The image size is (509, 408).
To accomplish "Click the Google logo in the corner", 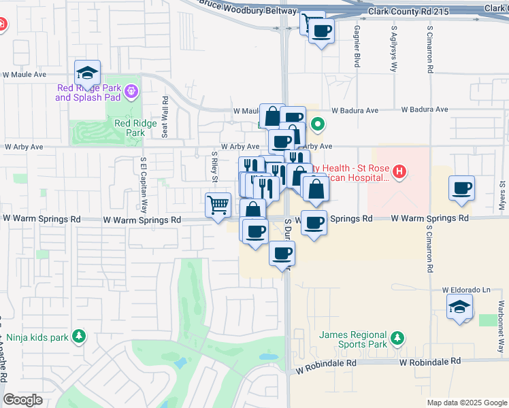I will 22,400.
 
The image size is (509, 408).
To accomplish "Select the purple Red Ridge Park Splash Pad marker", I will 131,90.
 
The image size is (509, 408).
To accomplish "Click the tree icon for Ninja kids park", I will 80,336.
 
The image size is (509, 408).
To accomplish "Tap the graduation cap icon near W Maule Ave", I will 87,73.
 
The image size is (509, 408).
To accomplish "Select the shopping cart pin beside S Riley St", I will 218,204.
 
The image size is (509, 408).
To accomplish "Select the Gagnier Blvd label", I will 357,47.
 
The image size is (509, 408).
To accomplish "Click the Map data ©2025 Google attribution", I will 466,403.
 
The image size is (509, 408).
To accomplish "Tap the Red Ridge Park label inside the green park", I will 129,128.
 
